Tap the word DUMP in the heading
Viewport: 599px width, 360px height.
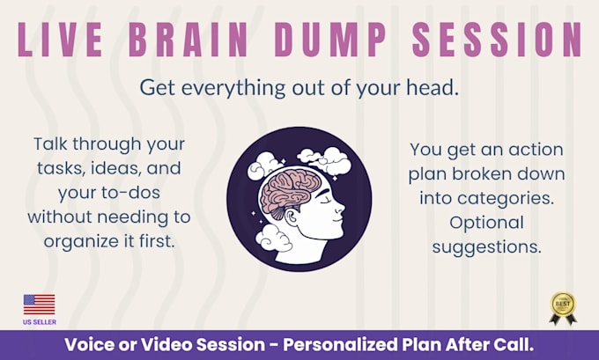click(330, 40)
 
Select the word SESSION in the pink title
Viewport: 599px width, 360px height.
click(497, 40)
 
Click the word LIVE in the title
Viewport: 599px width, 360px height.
click(60, 40)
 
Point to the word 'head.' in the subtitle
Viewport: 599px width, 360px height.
click(432, 87)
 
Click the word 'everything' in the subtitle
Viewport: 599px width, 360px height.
click(233, 89)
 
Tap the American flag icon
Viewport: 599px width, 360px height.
click(39, 305)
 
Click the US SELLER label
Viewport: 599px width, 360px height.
click(40, 322)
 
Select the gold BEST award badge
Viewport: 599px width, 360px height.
click(563, 308)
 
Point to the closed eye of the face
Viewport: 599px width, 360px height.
click(325, 202)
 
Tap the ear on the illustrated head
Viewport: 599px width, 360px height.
click(292, 219)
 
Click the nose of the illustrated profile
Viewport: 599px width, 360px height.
click(340, 208)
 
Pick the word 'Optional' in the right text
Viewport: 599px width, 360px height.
click(486, 223)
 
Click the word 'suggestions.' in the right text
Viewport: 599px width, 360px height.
click(486, 247)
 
